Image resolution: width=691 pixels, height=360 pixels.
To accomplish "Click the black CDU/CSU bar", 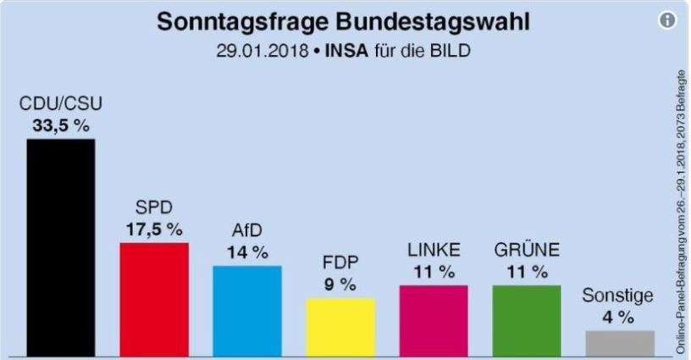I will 60,246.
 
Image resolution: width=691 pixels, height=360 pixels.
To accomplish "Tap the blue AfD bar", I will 246,310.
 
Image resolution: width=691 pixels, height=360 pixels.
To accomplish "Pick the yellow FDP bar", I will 340,326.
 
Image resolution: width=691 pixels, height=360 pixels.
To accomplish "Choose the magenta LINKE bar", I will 433,320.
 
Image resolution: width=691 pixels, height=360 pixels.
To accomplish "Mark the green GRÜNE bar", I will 526,320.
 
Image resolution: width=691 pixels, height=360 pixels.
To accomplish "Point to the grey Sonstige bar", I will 619,342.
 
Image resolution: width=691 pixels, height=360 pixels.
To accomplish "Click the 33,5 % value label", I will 61,125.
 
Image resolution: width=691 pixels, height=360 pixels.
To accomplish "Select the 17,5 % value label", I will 154,229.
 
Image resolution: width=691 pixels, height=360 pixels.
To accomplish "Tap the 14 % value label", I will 247,252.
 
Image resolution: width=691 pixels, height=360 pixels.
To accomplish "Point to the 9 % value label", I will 340,285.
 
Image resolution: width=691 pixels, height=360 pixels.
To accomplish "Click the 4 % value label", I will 619,318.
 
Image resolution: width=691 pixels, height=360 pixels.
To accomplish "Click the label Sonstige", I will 619,296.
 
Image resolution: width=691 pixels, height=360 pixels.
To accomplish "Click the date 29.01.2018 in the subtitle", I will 251,51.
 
